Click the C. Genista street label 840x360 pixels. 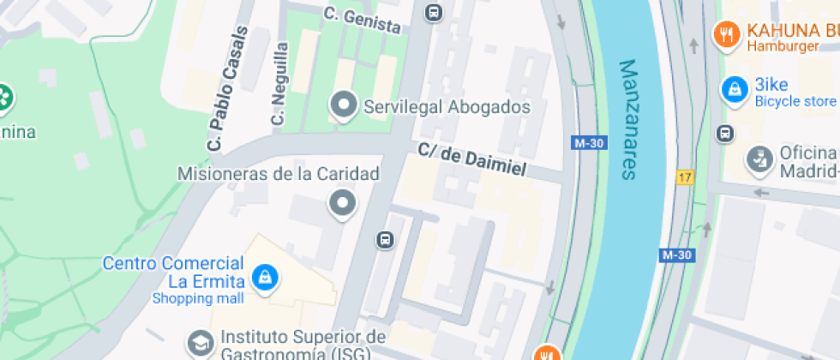click(363, 20)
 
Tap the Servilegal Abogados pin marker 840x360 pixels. click(344, 105)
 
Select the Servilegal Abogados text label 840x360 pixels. click(447, 107)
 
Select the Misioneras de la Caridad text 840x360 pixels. click(278, 175)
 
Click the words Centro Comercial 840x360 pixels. click(173, 263)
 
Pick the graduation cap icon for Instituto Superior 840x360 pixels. click(201, 343)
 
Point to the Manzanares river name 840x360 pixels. click(629, 119)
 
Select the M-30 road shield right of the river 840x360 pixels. click(675, 255)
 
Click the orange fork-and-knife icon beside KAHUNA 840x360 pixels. click(727, 34)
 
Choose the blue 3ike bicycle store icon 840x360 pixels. click(734, 88)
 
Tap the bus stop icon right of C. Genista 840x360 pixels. click(434, 12)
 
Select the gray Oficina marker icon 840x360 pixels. click(757, 159)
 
